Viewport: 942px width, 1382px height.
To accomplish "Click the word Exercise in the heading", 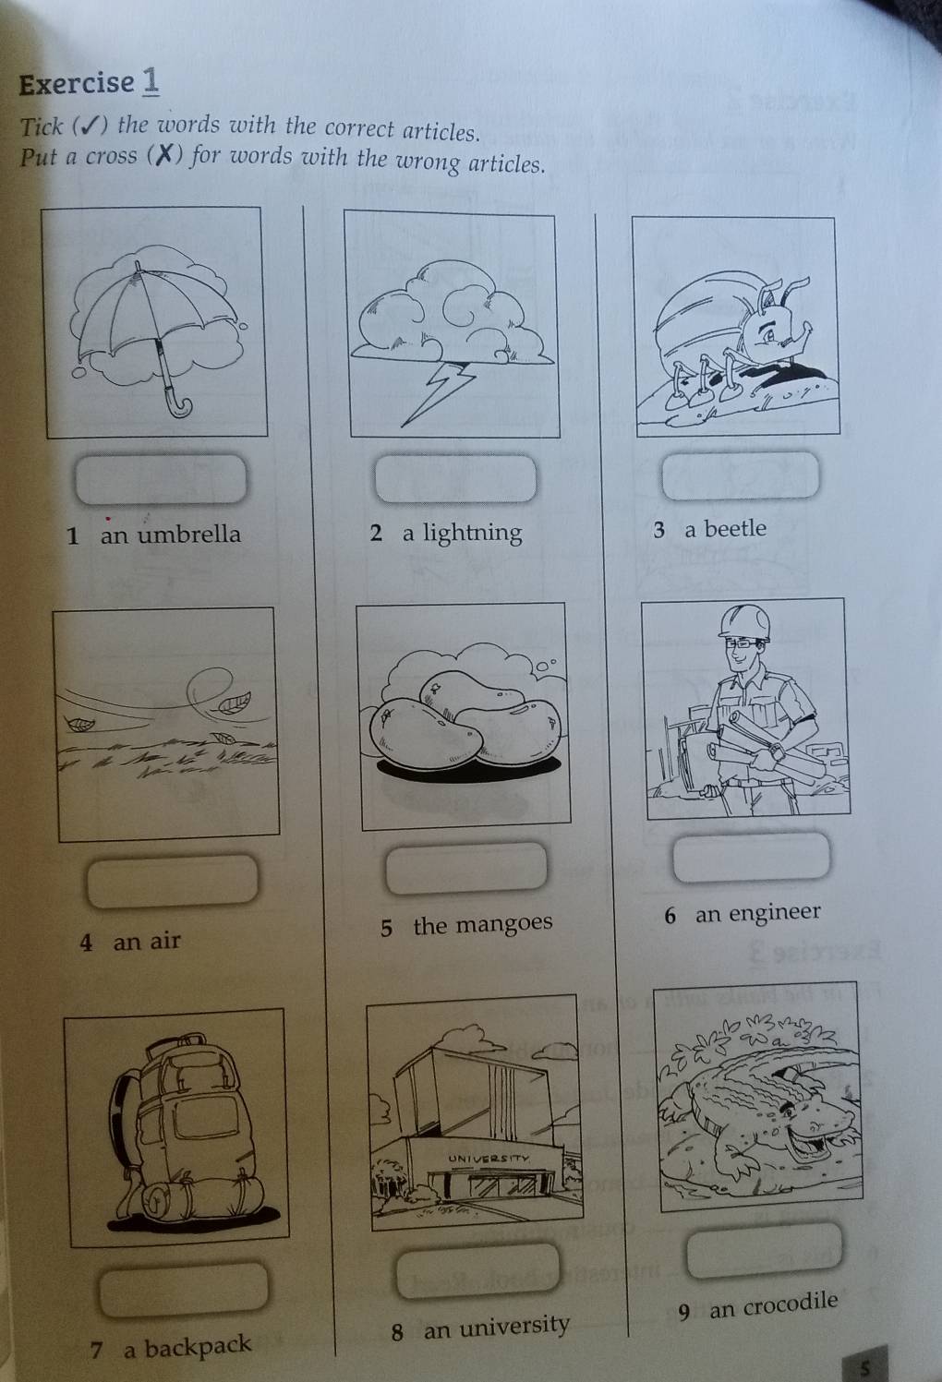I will [x=77, y=84].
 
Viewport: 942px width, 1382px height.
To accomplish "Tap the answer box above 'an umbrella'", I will [x=162, y=477].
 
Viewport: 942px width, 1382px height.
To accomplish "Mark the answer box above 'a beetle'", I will [x=741, y=475].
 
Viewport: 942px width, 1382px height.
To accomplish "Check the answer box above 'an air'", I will [x=172, y=879].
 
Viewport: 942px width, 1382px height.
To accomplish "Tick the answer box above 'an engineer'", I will [x=752, y=857].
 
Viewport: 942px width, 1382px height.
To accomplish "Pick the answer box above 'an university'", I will [x=478, y=1270].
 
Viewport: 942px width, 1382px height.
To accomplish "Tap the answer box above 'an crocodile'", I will [x=766, y=1249].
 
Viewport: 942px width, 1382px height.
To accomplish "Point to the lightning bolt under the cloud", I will [x=437, y=390].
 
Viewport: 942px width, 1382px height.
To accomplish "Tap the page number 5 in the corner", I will [x=865, y=1368].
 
